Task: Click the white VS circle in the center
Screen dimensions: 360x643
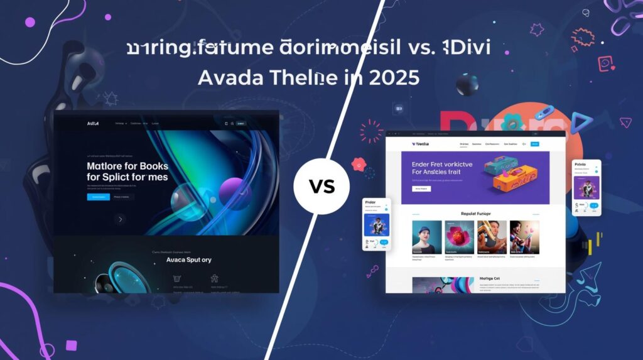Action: coord(321,186)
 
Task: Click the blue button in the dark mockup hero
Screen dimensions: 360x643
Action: coord(98,197)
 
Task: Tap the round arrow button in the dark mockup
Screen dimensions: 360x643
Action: coord(120,219)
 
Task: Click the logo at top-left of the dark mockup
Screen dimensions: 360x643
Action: coord(92,124)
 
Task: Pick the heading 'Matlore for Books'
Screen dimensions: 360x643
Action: coord(127,166)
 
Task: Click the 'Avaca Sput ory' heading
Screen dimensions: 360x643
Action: coord(188,259)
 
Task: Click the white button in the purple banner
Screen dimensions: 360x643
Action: coord(421,188)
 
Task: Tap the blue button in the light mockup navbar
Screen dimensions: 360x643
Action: coord(534,144)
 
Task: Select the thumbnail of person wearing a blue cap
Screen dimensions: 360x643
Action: coord(426,237)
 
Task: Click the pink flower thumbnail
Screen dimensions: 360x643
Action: coord(459,237)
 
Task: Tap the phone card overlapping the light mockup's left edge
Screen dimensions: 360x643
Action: coord(377,224)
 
